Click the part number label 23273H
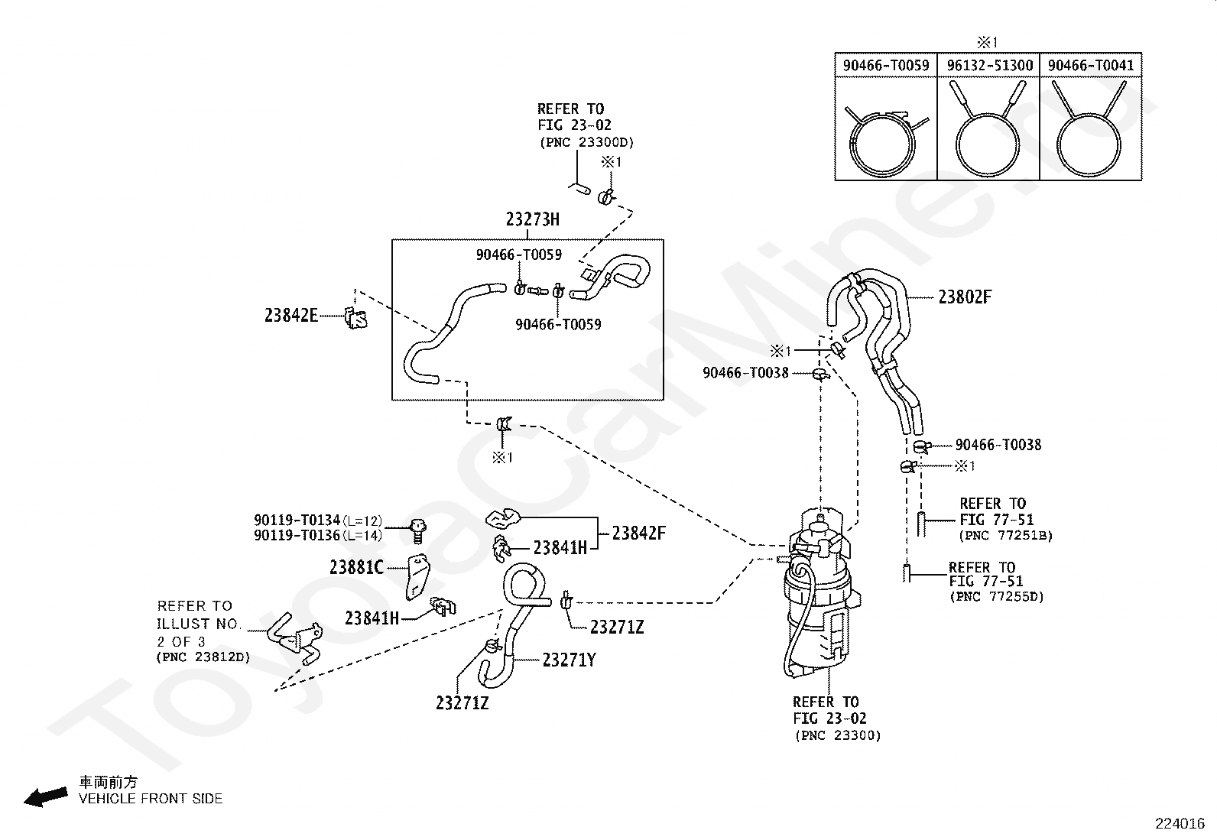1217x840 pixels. (x=532, y=219)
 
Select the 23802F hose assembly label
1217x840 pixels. (x=965, y=297)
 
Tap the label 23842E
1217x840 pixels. (x=291, y=315)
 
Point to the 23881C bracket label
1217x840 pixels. (x=356, y=568)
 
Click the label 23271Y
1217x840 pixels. (x=569, y=660)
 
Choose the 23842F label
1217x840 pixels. (x=638, y=534)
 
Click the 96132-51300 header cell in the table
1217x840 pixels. (x=989, y=66)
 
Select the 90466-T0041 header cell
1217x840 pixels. (x=1090, y=66)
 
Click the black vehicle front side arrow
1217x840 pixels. (x=46, y=796)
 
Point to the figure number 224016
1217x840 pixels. (x=1180, y=824)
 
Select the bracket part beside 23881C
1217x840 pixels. (x=417, y=576)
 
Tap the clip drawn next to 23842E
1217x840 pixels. (x=356, y=319)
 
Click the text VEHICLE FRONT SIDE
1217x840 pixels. (x=151, y=799)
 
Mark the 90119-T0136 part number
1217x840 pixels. (x=297, y=535)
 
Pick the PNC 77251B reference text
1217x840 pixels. (x=1006, y=536)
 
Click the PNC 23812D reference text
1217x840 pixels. (x=203, y=657)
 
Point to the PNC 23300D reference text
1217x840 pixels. (x=587, y=142)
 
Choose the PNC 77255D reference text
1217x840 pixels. (x=997, y=597)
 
